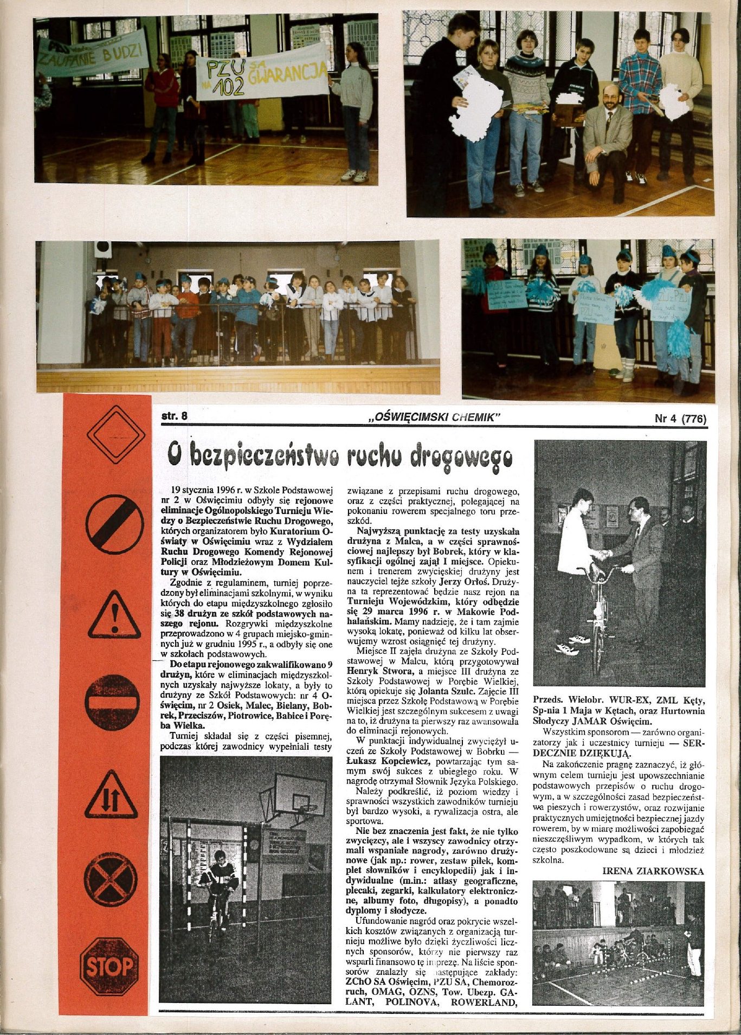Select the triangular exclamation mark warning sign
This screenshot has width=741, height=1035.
[114, 616]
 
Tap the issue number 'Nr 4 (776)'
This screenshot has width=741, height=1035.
[680, 418]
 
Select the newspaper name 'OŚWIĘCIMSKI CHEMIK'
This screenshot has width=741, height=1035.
[433, 417]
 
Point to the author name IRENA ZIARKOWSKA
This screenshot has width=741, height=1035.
[653, 871]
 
